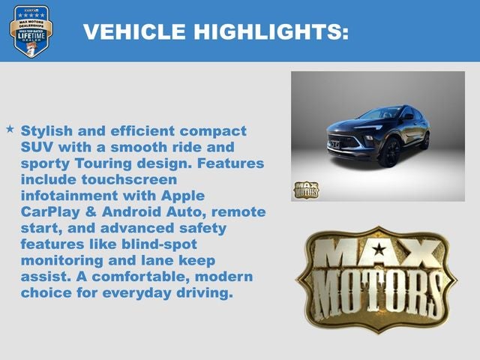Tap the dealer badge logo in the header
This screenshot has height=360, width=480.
pos(31,31)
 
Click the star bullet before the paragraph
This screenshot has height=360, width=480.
pos(10,129)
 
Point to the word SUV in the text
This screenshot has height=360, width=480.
pos(37,147)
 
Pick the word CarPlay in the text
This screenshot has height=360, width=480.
pos(49,212)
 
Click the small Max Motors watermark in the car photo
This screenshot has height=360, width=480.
pos(305,189)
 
